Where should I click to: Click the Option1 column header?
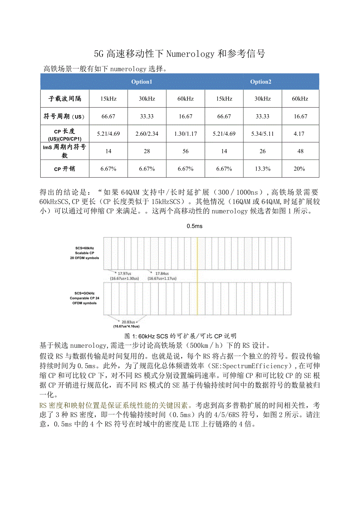[x=141, y=82]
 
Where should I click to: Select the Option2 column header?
[x=261, y=82]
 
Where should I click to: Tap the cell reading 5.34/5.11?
[x=262, y=134]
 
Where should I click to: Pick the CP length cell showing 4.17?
[x=300, y=134]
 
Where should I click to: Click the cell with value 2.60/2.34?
[x=147, y=134]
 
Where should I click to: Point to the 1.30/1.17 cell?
[x=185, y=134]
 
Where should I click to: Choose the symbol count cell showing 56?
[x=185, y=151]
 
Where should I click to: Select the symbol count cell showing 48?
[x=300, y=151]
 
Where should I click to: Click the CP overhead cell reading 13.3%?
[x=262, y=169]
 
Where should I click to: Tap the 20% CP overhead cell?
[x=300, y=169]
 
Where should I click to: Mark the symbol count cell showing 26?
[x=262, y=151]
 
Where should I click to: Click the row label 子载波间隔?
[x=65, y=99]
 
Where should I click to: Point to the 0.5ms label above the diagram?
[x=194, y=226]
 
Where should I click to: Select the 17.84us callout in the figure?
[x=162, y=273]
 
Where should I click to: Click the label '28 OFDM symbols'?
[x=85, y=258]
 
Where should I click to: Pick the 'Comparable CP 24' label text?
[x=85, y=298]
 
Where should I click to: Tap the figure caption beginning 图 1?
[x=180, y=336]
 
